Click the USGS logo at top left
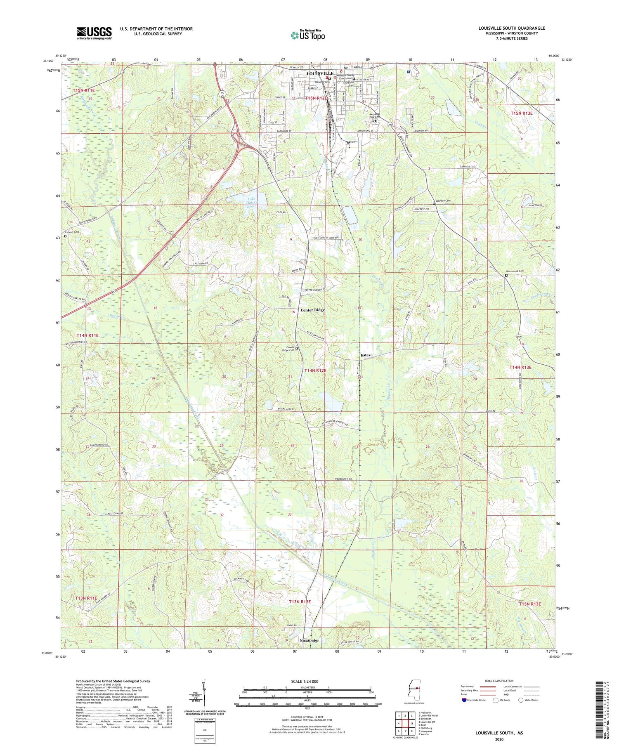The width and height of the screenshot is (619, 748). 94,33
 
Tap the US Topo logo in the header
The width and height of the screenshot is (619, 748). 307,35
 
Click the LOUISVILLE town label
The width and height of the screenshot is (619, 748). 320,73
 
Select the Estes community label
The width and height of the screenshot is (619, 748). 365,355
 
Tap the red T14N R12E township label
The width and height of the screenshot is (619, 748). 315,370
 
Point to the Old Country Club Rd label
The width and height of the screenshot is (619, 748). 326,238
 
